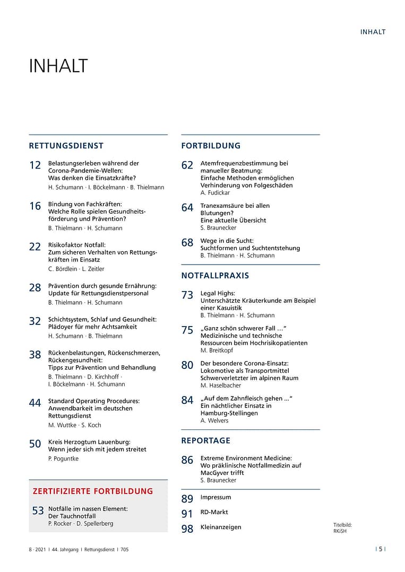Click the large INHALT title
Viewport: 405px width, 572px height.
pyautogui.click(x=58, y=67)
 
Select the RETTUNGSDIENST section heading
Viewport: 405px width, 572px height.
pyautogui.click(x=66, y=146)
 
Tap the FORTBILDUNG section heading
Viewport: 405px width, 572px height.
pyautogui.click(x=211, y=146)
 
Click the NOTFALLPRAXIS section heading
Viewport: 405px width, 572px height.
pyautogui.click(x=215, y=276)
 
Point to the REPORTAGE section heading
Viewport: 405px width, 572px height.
pyautogui.click(x=206, y=441)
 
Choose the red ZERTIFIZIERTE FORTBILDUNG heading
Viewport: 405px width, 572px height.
pyautogui.click(x=93, y=491)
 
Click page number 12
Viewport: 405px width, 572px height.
pyautogui.click(x=35, y=165)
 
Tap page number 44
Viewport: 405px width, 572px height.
pyautogui.click(x=35, y=403)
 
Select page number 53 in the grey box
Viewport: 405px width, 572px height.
pyautogui.click(x=38, y=511)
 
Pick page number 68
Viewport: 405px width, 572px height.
pyautogui.click(x=187, y=243)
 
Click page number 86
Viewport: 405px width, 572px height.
pyautogui.click(x=187, y=460)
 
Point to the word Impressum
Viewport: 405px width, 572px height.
pyautogui.click(x=216, y=497)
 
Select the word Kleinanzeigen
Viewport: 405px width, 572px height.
pyautogui.click(x=221, y=527)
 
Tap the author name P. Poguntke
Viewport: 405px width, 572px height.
pyautogui.click(x=63, y=459)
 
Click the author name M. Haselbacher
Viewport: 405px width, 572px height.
pyautogui.click(x=220, y=385)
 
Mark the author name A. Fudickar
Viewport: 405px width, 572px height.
pyautogui.click(x=215, y=193)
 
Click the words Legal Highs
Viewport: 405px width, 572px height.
pyautogui.click(x=218, y=293)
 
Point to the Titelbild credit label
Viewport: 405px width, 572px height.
pyautogui.click(x=342, y=525)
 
